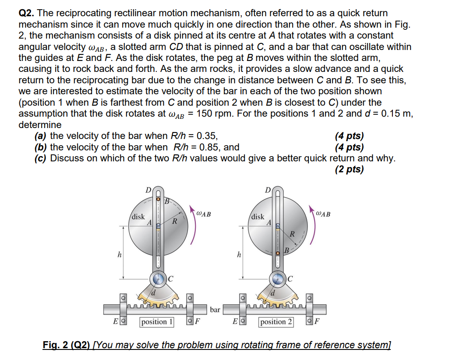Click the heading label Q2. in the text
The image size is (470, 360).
click(28, 14)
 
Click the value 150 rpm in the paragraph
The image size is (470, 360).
click(214, 114)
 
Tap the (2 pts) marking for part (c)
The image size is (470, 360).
click(349, 169)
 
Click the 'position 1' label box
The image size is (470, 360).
click(156, 322)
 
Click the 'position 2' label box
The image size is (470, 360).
click(276, 322)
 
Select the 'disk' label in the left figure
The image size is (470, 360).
click(138, 217)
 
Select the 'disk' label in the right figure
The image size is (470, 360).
click(258, 217)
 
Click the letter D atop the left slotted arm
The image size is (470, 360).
click(148, 190)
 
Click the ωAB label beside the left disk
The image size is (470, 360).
click(204, 214)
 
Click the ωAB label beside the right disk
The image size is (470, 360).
click(323, 214)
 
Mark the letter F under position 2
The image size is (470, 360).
click(317, 322)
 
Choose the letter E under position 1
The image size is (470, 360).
click(115, 322)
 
